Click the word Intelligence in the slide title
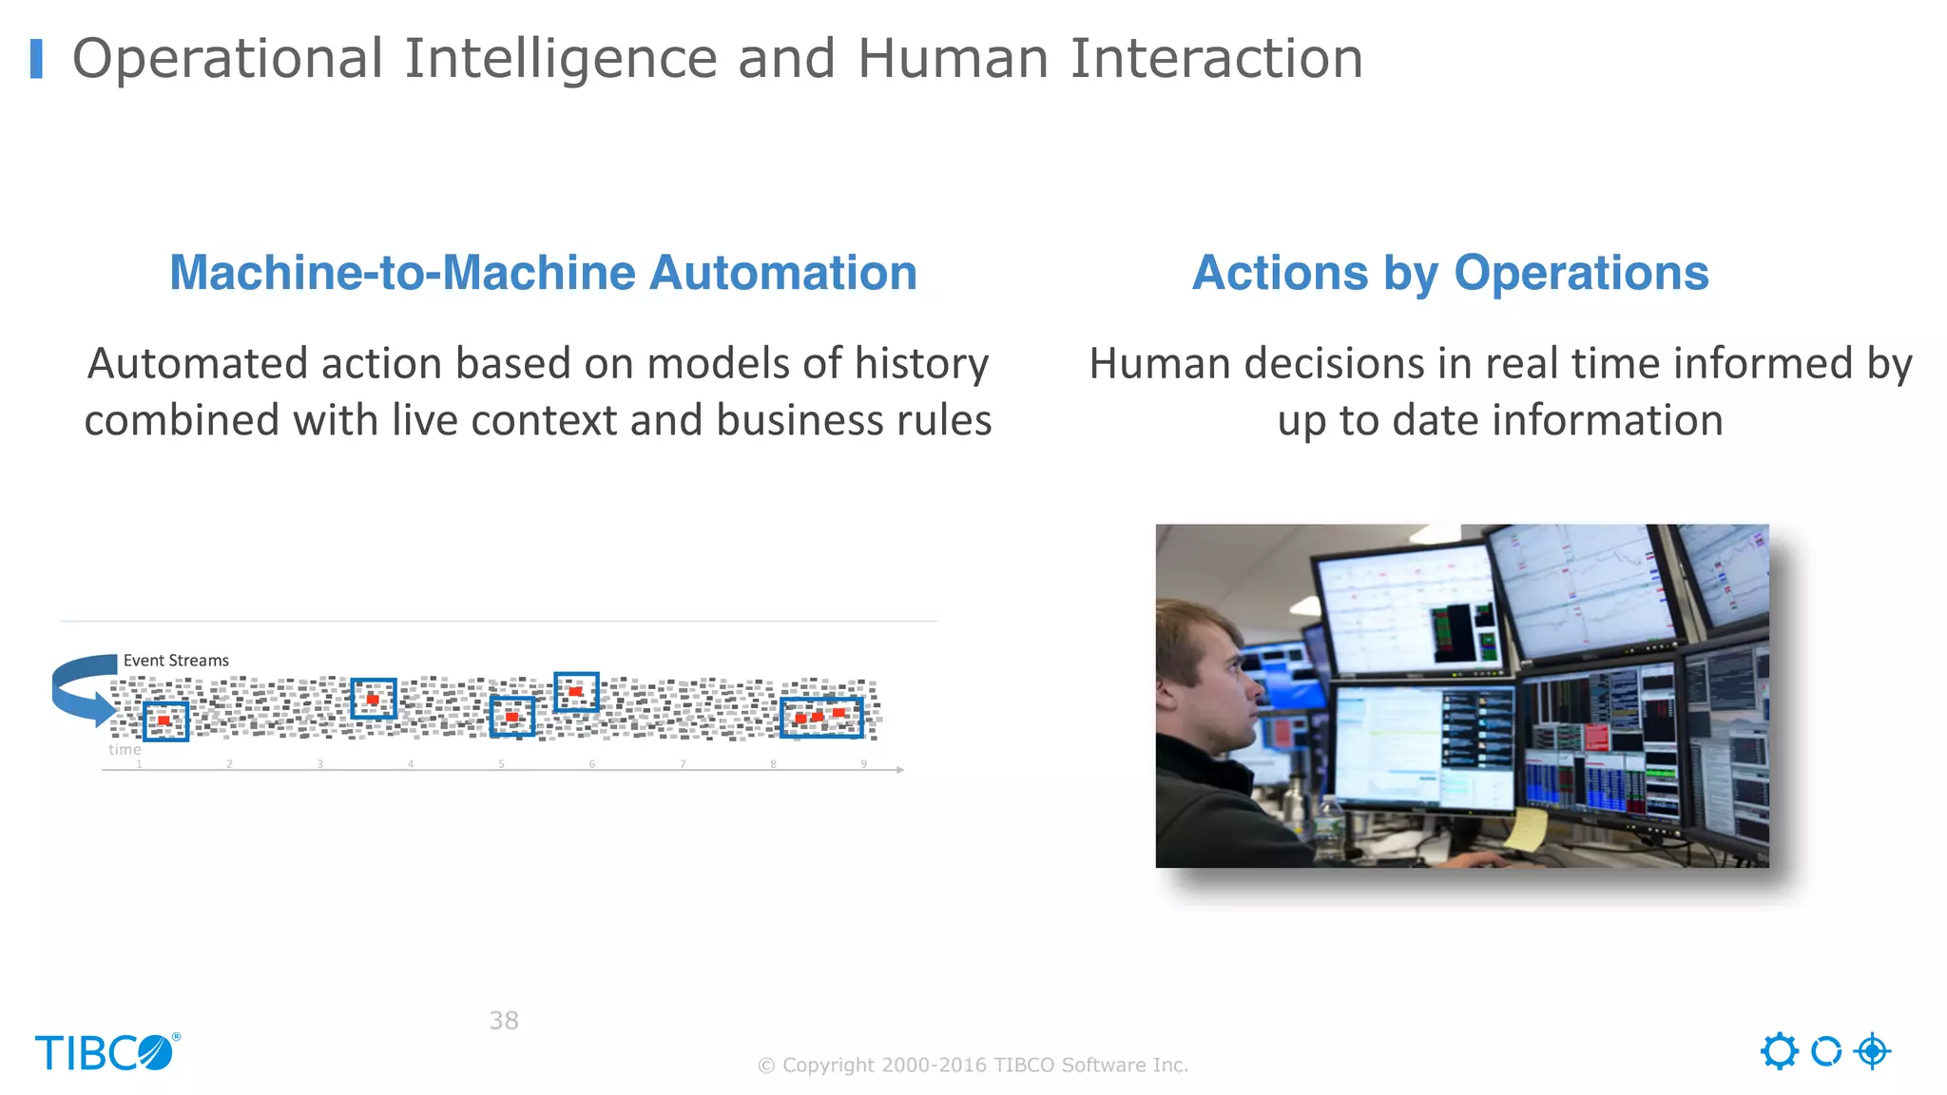[x=561, y=59]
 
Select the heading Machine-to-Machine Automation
[x=543, y=273]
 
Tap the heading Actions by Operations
[x=1450, y=273]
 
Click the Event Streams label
[x=176, y=661]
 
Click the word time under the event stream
[x=125, y=749]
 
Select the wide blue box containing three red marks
[x=821, y=717]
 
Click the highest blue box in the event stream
[x=576, y=691]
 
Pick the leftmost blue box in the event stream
[x=165, y=720]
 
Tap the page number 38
[x=504, y=1020]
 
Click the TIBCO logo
[x=106, y=1052]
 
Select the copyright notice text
[x=973, y=1065]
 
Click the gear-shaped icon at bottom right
[x=1779, y=1051]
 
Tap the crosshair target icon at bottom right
[x=1872, y=1051]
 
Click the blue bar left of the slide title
[x=36, y=59]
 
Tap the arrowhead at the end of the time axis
[x=899, y=769]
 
